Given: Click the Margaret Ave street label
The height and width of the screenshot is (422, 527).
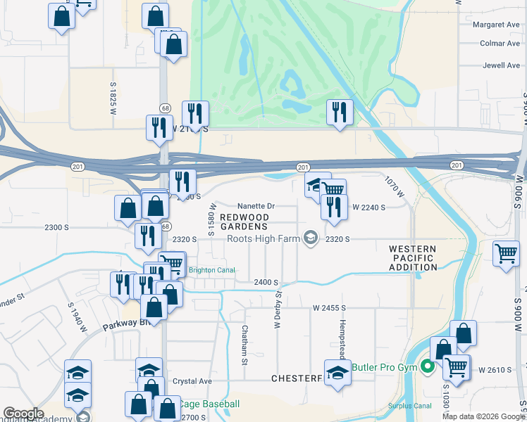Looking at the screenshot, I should pyautogui.click(x=496, y=25).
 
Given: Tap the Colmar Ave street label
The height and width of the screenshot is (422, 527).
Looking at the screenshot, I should pyautogui.click(x=499, y=44).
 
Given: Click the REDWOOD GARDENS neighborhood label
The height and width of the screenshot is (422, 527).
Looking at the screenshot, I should pyautogui.click(x=243, y=222).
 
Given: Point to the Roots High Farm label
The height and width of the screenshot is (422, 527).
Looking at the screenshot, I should pyautogui.click(x=263, y=238).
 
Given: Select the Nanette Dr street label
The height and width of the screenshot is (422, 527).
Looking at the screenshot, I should pyautogui.click(x=255, y=206).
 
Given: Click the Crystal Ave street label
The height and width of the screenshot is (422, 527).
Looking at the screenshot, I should pyautogui.click(x=192, y=381).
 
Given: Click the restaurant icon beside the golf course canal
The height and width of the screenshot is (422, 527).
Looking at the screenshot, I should pyautogui.click(x=340, y=112).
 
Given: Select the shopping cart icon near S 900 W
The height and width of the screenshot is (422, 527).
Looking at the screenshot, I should pyautogui.click(x=507, y=253).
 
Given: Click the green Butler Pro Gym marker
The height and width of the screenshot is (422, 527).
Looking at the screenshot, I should pyautogui.click(x=427, y=366).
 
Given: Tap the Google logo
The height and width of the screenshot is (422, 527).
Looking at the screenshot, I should pyautogui.click(x=23, y=414).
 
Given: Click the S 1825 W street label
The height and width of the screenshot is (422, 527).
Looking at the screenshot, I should pyautogui.click(x=113, y=98).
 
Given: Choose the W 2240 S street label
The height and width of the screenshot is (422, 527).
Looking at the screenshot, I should pyautogui.click(x=369, y=207).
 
